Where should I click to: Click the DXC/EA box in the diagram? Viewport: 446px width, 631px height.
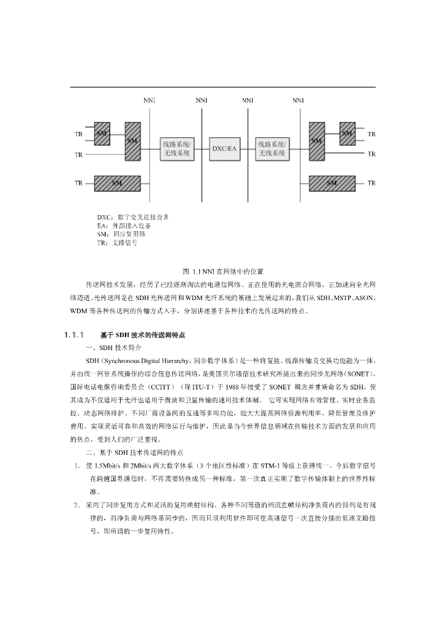tap(224, 149)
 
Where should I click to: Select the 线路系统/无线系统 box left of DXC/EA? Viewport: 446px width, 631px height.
tap(177, 149)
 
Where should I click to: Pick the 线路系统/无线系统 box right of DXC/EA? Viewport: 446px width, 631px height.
tap(272, 149)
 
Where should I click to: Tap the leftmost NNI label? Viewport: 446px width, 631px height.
tap(149, 100)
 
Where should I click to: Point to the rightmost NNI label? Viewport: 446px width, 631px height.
tap(298, 100)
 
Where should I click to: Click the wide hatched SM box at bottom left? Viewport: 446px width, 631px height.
tap(117, 183)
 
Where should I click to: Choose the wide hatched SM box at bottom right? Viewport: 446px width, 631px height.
tap(332, 183)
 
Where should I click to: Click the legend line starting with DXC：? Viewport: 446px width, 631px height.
tap(132, 217)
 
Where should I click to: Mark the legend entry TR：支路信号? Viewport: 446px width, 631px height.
tap(117, 243)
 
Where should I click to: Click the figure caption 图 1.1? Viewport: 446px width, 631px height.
tap(223, 271)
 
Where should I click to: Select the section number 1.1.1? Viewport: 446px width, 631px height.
tap(73, 335)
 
